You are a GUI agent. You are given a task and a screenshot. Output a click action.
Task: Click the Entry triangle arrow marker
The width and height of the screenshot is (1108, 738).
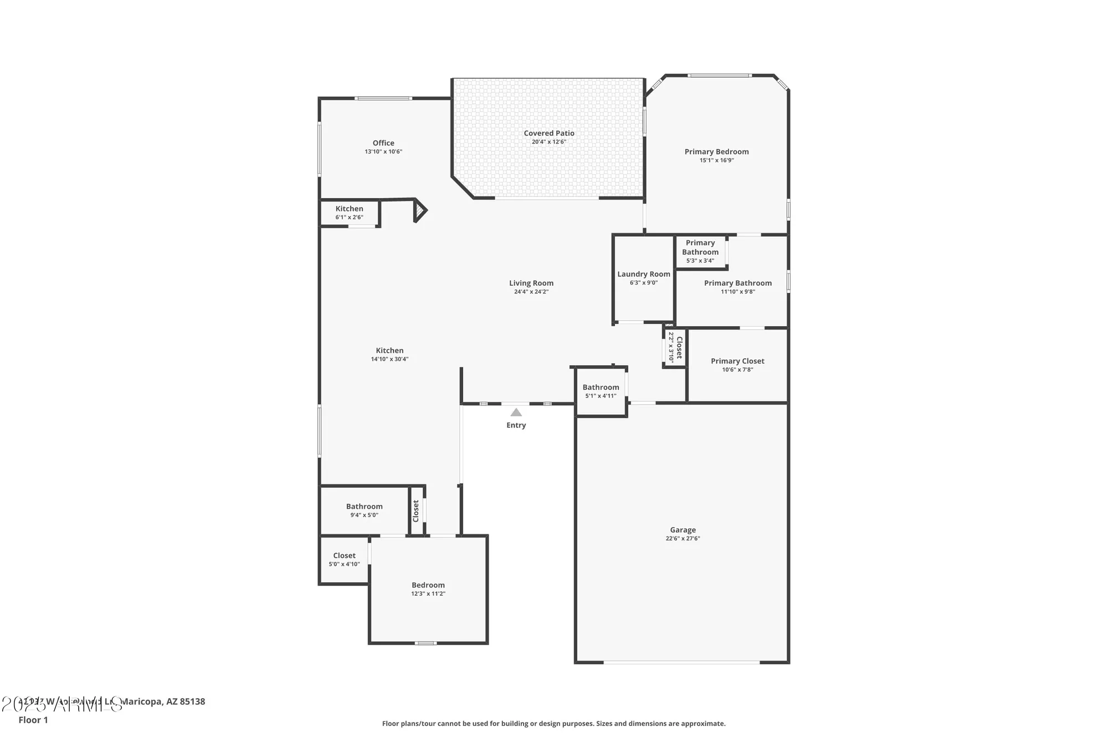point(516,412)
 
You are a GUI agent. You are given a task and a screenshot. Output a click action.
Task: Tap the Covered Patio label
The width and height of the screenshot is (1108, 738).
point(549,133)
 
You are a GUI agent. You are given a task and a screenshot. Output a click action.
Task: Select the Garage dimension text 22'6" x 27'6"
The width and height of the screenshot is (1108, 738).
point(683,539)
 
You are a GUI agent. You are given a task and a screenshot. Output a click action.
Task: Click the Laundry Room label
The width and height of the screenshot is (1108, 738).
point(644,274)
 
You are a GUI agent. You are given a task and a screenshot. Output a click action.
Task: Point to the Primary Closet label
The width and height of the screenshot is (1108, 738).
point(737,361)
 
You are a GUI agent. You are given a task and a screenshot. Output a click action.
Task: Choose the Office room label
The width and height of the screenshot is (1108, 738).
point(383,143)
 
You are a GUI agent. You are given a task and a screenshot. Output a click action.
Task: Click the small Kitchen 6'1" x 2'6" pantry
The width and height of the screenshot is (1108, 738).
point(350,213)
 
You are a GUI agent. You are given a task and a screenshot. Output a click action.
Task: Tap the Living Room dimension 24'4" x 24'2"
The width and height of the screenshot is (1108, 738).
point(531,292)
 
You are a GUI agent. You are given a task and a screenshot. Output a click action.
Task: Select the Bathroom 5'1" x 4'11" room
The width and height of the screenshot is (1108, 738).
point(601,391)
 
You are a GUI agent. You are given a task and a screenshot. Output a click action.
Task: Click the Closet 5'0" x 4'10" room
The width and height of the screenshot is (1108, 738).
point(344,559)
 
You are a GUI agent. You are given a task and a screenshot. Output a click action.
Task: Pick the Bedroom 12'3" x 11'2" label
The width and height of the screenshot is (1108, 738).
point(428,585)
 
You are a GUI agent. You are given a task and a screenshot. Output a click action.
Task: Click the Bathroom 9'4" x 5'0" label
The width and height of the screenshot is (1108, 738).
point(364,507)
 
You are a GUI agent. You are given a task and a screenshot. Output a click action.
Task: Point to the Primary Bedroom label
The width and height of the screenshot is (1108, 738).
point(716,152)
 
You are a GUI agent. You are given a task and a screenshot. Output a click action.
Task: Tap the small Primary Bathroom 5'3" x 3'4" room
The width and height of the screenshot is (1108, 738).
point(700,252)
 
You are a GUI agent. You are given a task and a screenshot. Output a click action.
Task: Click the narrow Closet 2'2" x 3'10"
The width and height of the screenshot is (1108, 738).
point(675,348)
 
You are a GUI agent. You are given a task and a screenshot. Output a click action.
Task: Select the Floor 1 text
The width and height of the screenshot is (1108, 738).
point(33,720)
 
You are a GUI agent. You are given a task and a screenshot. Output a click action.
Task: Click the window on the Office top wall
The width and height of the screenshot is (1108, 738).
point(383,99)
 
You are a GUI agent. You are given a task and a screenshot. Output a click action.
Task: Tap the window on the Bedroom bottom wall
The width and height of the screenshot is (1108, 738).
point(425,643)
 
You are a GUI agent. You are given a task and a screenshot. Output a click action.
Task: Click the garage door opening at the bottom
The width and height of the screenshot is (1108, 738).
point(681,662)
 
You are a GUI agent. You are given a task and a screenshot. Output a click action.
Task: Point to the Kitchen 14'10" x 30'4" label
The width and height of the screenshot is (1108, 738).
point(389,350)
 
